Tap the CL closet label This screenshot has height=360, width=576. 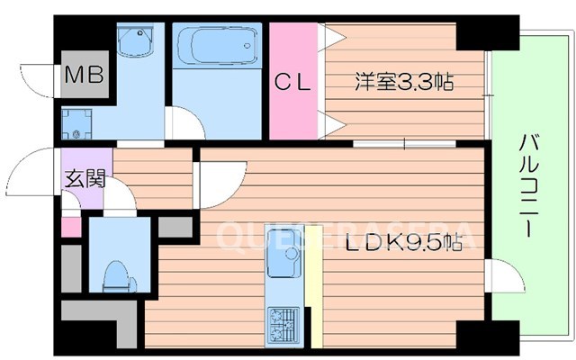[x=292, y=83]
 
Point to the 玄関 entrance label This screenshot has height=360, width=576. [x=83, y=177]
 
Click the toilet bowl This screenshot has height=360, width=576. [x=116, y=272]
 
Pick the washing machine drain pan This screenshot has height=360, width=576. [x=77, y=126]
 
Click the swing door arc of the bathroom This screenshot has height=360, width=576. [x=184, y=123]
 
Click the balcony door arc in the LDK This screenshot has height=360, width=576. [x=498, y=273]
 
